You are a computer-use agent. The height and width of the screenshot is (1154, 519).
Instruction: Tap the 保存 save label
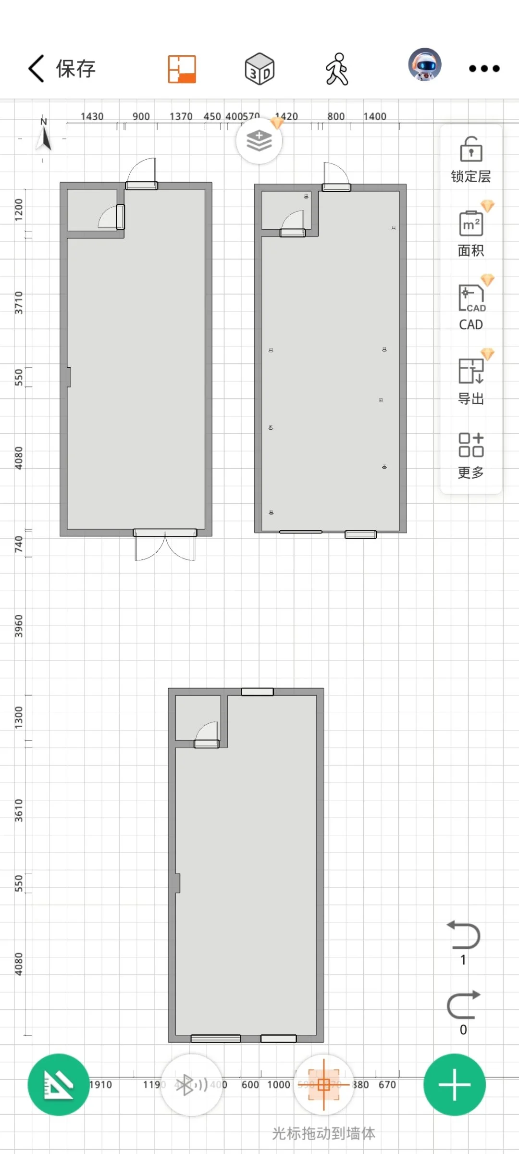(75, 69)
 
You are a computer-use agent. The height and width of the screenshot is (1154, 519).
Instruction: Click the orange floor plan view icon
(182, 69)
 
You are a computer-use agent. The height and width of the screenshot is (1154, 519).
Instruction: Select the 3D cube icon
(259, 69)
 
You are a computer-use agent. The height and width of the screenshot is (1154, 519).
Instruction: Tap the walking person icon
(337, 69)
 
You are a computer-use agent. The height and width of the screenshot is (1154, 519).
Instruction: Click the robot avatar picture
(425, 65)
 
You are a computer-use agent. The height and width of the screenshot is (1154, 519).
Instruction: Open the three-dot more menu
(484, 69)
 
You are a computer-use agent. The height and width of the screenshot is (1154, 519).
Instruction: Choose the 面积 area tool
(471, 234)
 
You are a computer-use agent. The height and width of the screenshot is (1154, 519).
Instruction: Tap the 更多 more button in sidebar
(471, 455)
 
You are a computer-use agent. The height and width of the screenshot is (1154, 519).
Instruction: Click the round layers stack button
(259, 141)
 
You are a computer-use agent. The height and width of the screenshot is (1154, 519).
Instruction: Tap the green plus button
(454, 1084)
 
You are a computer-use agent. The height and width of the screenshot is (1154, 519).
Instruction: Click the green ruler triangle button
(59, 1084)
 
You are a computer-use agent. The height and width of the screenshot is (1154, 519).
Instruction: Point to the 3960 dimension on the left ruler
(18, 626)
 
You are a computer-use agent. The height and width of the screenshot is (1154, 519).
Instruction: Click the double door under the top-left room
(165, 546)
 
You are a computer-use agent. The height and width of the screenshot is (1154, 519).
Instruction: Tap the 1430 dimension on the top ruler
(92, 116)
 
